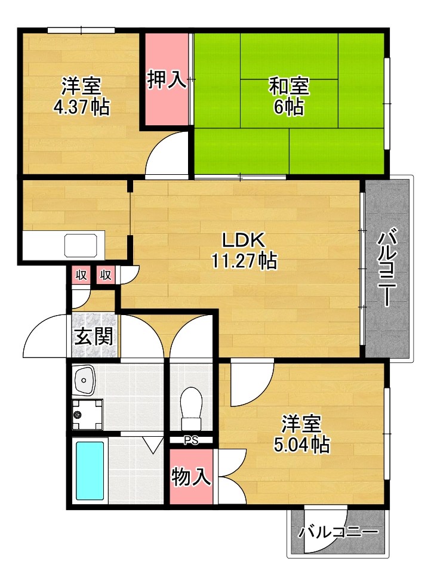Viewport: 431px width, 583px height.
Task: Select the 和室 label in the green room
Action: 289,87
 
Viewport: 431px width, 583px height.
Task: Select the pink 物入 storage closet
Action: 191,477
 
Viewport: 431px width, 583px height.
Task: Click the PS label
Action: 191,441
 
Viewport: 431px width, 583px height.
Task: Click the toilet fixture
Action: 192,408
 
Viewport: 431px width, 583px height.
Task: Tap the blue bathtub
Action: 90,471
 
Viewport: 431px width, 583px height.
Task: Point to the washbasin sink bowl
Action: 85,380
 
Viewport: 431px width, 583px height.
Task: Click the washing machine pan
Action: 87,414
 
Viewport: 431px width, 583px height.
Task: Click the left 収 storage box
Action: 81,275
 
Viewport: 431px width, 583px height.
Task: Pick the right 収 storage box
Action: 106,275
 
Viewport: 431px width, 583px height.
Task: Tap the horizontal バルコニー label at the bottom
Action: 338,531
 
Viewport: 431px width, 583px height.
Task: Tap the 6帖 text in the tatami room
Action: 290,107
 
